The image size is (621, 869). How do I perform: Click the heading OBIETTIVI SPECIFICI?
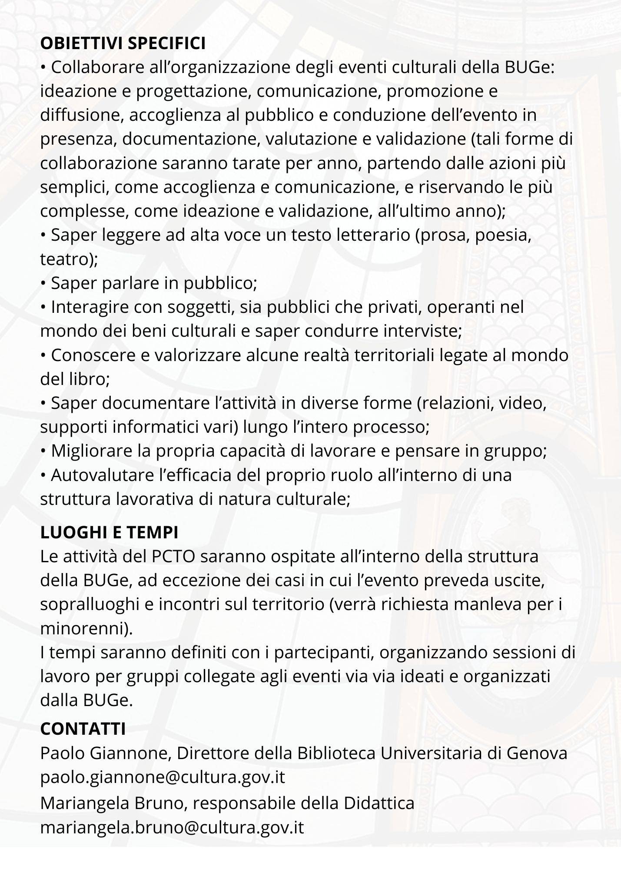(x=123, y=43)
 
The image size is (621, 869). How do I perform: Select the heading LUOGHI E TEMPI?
(x=109, y=532)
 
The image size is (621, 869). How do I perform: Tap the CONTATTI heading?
(x=83, y=729)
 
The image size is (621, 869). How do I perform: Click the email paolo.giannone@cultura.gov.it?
(x=163, y=777)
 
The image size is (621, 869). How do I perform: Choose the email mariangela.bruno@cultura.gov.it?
(x=172, y=827)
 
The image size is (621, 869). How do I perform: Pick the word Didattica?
(x=379, y=803)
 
